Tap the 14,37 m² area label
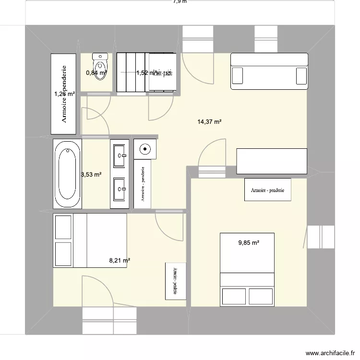tap(209, 122)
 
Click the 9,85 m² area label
tap(249, 243)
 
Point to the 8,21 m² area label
tap(120, 261)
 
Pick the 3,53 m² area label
tap(91, 175)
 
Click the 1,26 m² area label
tap(64, 94)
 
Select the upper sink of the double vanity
tap(120, 155)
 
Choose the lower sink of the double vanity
tap(120, 190)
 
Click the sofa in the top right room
tap(269, 71)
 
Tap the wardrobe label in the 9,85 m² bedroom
tap(267, 190)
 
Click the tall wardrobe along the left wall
tap(64, 94)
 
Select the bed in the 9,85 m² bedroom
tap(247, 269)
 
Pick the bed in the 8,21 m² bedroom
tap(90, 240)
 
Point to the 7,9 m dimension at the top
tap(180, 2)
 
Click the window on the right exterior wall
tap(321, 237)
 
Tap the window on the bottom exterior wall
tap(109, 320)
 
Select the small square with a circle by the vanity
tap(144, 149)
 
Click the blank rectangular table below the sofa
tap(272, 161)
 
